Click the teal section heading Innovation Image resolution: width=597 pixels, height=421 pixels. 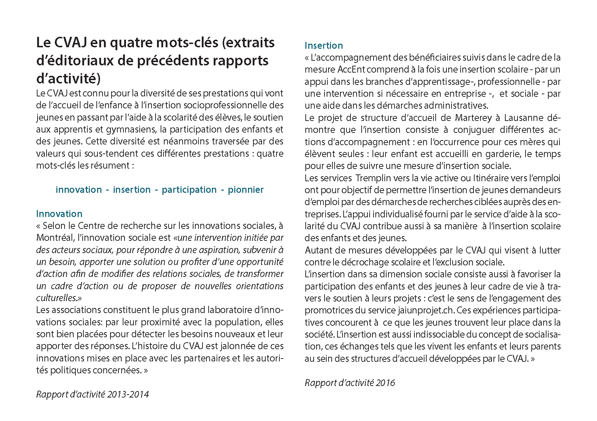tap(59, 214)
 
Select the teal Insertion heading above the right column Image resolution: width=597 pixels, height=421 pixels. tap(323, 45)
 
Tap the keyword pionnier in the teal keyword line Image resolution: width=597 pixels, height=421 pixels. tap(245, 190)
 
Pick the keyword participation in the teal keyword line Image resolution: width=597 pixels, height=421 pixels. tap(189, 190)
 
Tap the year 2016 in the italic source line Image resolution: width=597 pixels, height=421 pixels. tap(385, 383)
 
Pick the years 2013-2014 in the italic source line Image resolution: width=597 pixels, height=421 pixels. tap(128, 394)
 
